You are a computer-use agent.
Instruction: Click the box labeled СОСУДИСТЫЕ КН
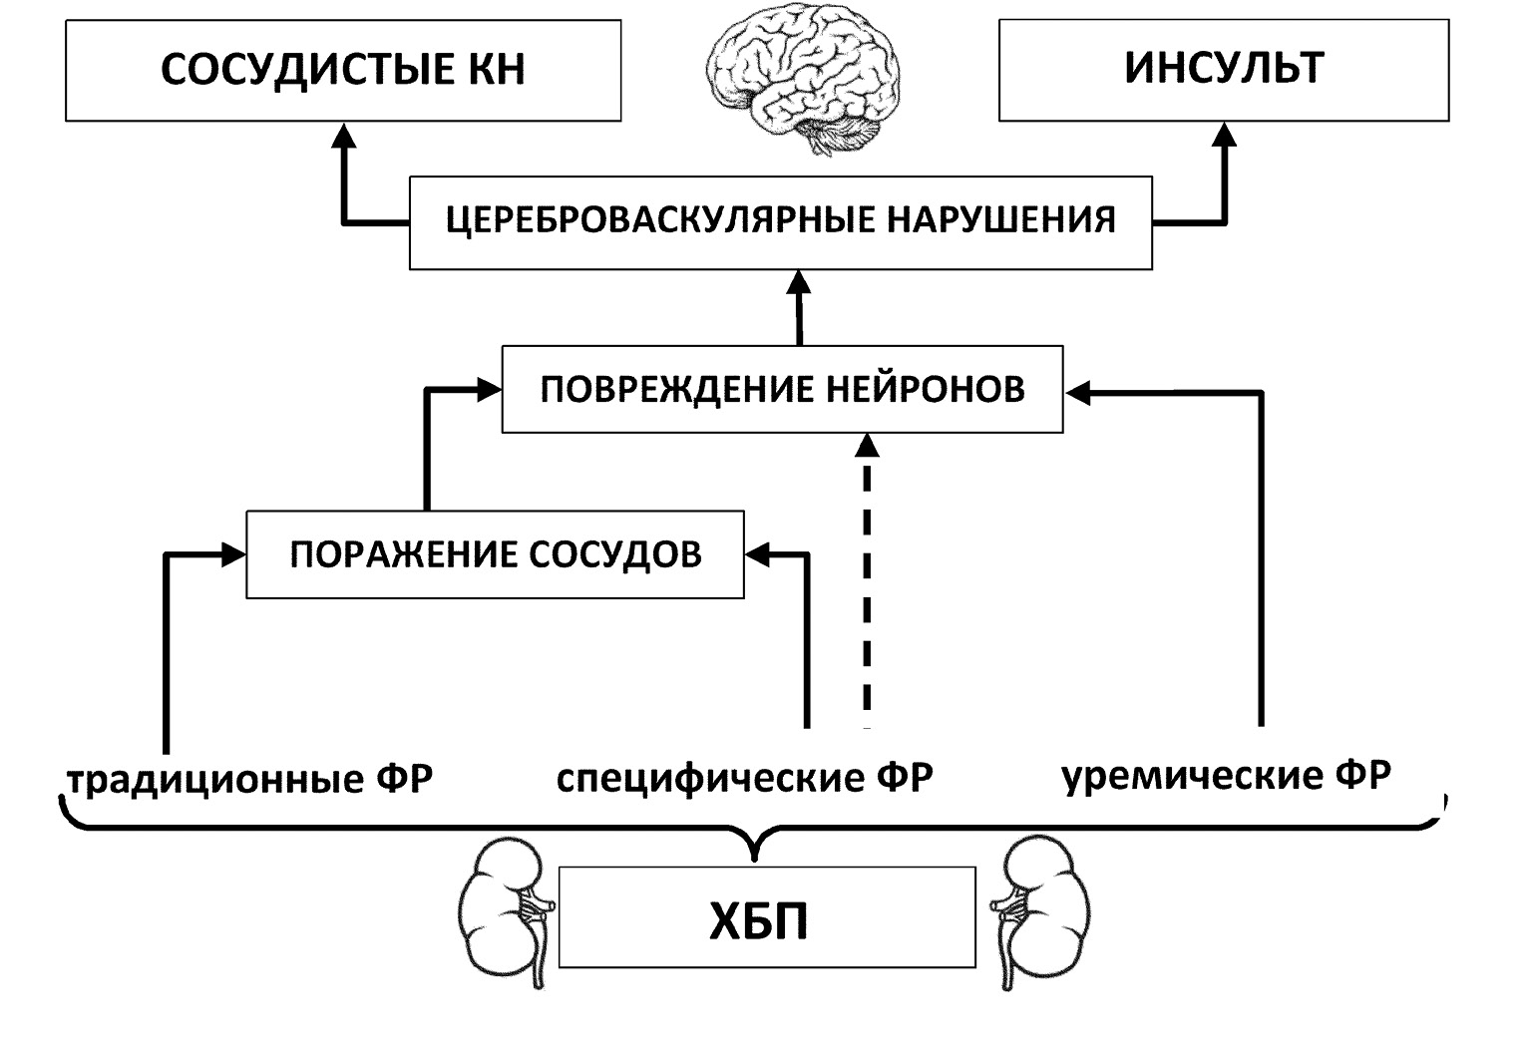(x=343, y=71)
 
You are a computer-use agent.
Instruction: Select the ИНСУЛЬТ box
(x=1223, y=69)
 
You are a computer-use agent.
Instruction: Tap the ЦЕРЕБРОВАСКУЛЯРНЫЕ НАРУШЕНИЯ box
(x=780, y=222)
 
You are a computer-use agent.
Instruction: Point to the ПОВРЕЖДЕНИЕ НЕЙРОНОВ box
(x=782, y=389)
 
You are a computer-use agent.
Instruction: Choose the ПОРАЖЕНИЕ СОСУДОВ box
(x=495, y=554)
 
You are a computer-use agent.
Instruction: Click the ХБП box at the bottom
(x=766, y=917)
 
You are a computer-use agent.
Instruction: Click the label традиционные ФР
(x=250, y=779)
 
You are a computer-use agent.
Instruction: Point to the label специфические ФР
(x=744, y=778)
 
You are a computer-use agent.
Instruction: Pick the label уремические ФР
(x=1226, y=776)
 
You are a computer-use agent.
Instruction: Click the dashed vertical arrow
(x=867, y=578)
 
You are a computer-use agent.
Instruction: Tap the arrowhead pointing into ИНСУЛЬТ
(x=1223, y=136)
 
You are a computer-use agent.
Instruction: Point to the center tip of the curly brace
(x=755, y=854)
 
